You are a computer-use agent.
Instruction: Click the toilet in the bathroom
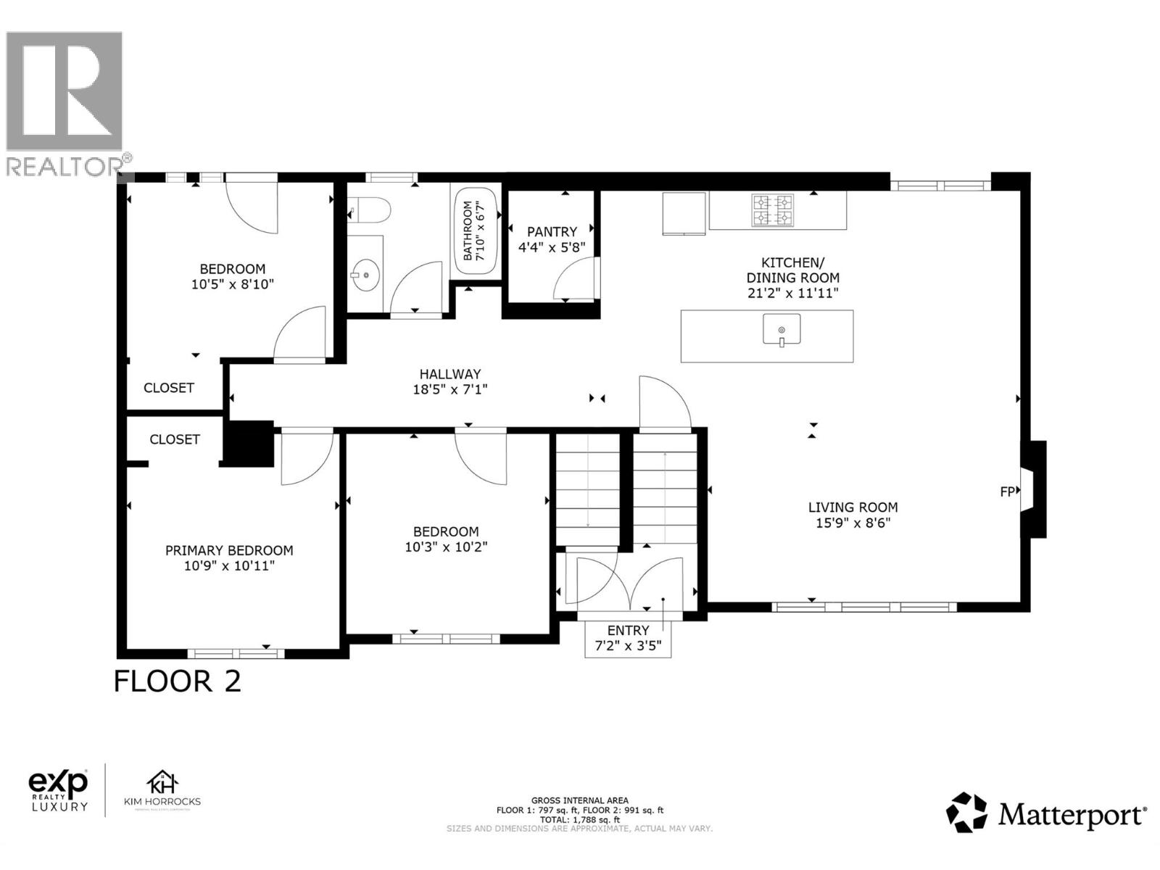(371, 211)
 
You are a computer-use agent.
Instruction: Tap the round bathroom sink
(366, 275)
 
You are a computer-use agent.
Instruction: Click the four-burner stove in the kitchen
(773, 210)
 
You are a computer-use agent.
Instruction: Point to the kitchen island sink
(782, 331)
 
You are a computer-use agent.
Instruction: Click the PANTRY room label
(552, 232)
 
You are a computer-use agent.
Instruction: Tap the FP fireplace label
(1007, 492)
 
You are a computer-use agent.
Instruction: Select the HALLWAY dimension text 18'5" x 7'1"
(450, 390)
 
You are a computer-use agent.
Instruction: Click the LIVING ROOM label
(853, 507)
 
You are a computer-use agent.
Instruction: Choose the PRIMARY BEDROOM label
(229, 550)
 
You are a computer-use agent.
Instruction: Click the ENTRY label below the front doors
(628, 630)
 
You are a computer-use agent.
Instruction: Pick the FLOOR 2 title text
(178, 681)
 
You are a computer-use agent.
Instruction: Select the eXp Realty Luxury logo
(58, 790)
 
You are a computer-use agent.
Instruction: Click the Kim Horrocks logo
(162, 790)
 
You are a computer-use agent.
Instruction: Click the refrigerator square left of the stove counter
(684, 213)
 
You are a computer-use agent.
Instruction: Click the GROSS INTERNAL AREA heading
(579, 800)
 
